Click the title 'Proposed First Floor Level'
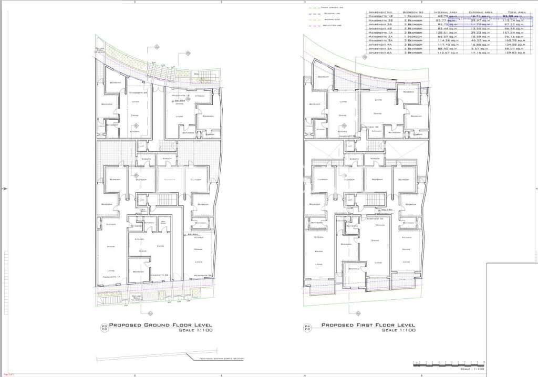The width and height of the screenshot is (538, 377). [368, 325]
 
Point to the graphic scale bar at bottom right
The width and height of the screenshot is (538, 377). [442, 363]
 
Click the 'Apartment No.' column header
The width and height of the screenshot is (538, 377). [381, 12]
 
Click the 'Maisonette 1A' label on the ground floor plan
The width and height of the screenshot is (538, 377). [112, 277]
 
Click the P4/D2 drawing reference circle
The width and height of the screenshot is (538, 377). [308, 328]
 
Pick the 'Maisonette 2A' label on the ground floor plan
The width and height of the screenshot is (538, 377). [159, 275]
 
